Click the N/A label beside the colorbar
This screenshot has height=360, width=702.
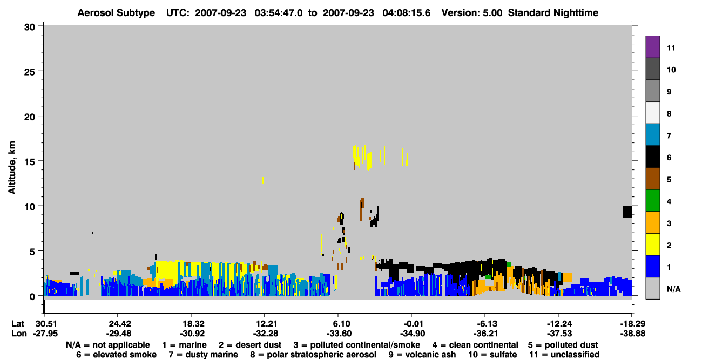pyautogui.click(x=673, y=289)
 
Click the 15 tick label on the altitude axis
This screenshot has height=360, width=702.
pyautogui.click(x=30, y=162)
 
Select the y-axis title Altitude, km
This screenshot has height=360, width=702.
pyautogui.click(x=12, y=168)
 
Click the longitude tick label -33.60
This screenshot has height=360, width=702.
pyautogui.click(x=339, y=334)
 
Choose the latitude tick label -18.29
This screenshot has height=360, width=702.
pyautogui.click(x=632, y=324)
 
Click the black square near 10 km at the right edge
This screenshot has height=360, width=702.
pyautogui.click(x=627, y=212)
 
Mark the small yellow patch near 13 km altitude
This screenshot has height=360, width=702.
pyautogui.click(x=262, y=180)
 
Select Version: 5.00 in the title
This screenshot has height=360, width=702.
pyautogui.click(x=471, y=13)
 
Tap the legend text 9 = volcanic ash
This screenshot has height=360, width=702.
pyautogui.click(x=422, y=355)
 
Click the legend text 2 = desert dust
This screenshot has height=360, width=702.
pyautogui.click(x=250, y=345)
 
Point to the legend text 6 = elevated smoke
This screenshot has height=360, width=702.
pyautogui.click(x=116, y=355)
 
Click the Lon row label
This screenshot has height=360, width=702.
pyautogui.click(x=19, y=334)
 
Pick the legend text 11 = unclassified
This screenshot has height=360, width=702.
pyautogui.click(x=564, y=355)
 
